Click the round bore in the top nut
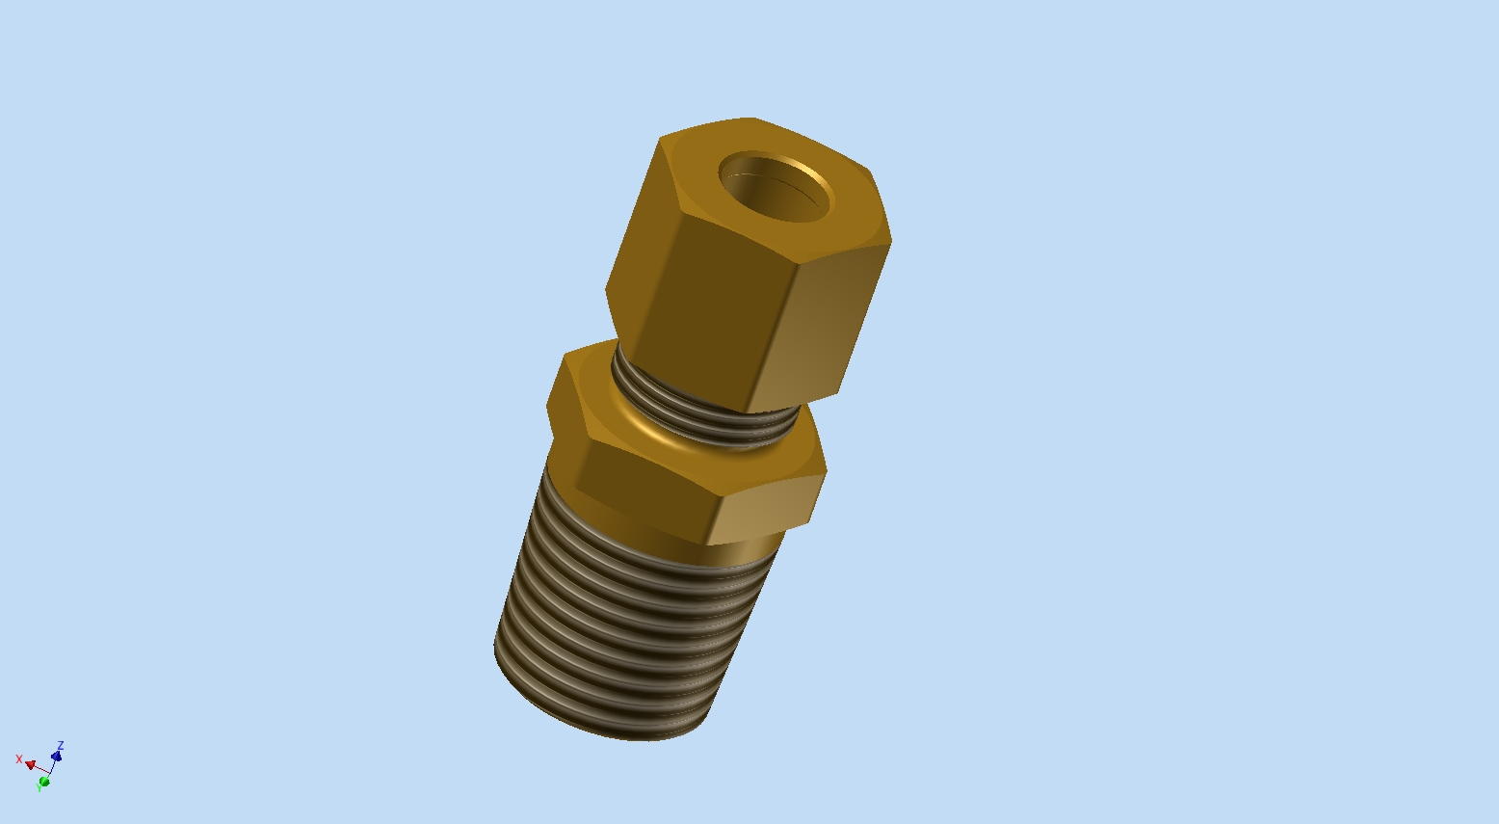(x=775, y=187)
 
